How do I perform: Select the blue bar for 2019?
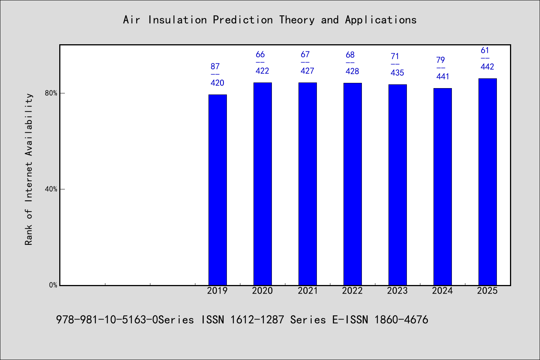point(217,190)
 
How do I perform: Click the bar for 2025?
point(487,182)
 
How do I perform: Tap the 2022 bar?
point(352,184)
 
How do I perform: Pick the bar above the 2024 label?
point(442,187)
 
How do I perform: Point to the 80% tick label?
point(51,93)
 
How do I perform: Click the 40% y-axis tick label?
point(51,189)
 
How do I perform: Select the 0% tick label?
point(53,285)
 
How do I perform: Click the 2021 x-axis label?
point(307,291)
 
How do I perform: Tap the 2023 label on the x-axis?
point(397,291)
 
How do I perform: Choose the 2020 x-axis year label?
point(262,291)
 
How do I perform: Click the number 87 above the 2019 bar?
point(215,66)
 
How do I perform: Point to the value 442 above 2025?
point(487,66)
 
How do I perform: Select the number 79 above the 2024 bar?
point(440,60)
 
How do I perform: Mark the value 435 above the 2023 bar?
point(397,73)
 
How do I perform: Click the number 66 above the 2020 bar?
point(260,54)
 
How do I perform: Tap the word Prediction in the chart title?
point(243,20)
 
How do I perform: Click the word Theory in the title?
point(297,20)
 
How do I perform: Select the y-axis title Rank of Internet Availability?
point(28,169)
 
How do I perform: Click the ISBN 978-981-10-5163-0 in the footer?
point(107,320)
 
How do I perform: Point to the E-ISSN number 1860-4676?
point(401,320)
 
